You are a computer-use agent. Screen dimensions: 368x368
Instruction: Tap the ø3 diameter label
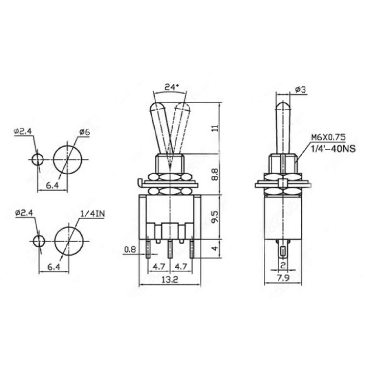[300, 90]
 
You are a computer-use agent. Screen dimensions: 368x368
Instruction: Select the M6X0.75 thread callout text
[328, 137]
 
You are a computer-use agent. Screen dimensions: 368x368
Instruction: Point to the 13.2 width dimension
[170, 280]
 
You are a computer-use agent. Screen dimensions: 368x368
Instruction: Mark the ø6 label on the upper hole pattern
[84, 132]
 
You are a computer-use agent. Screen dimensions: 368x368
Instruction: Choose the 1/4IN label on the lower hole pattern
[93, 214]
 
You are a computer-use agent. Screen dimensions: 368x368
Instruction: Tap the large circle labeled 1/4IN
[69, 241]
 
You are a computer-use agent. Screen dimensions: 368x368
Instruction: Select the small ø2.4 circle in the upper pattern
[38, 160]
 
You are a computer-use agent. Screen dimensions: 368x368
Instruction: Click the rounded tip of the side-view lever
[283, 106]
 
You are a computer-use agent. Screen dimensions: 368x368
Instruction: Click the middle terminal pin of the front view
[170, 249]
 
